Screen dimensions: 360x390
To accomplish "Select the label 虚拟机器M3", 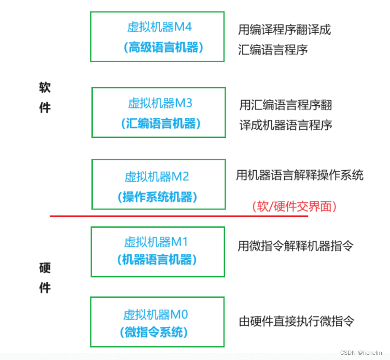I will [160, 103].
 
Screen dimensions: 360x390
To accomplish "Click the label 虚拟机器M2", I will [157, 177].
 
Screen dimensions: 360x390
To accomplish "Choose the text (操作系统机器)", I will [158, 197].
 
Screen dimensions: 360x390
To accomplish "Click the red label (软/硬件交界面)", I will [295, 206].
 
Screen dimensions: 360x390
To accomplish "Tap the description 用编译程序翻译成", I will [284, 30].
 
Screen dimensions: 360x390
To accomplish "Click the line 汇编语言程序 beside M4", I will [273, 50].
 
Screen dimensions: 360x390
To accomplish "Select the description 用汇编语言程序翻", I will [285, 105].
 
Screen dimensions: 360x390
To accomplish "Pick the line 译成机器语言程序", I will [285, 125].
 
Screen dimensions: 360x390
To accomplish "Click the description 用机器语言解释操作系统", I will [299, 175].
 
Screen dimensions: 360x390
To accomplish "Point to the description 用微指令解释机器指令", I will [295, 245].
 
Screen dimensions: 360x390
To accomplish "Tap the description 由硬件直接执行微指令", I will [296, 321].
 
